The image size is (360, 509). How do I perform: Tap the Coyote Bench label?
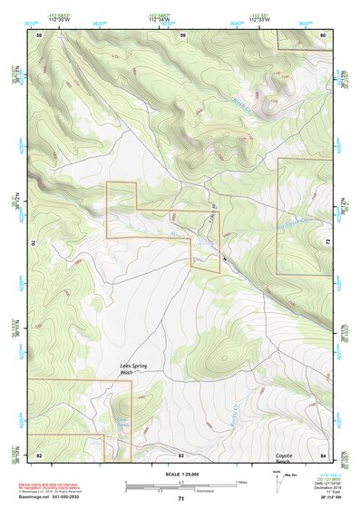[x=288, y=459]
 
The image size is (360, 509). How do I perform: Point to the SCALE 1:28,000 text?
[x=180, y=475]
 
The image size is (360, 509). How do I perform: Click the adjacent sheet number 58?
[x=39, y=34]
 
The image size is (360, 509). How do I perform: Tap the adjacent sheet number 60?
[x=322, y=34]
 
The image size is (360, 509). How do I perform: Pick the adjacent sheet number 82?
[x=39, y=454]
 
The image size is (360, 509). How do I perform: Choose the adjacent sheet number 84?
[x=322, y=454]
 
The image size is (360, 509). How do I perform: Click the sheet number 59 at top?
[x=182, y=34]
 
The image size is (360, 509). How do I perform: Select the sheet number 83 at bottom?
[x=180, y=454]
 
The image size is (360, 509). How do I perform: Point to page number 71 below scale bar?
[x=180, y=499]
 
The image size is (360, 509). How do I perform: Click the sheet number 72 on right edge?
[x=327, y=242]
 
